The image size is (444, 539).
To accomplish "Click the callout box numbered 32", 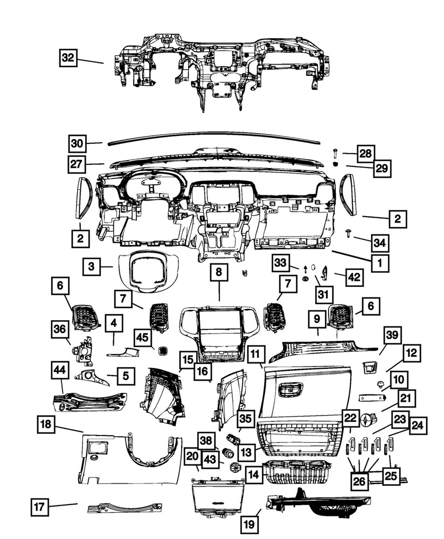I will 68,58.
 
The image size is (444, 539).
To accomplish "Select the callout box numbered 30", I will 78,143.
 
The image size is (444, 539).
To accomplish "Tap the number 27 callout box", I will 78,164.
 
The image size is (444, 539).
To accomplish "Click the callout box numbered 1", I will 379,264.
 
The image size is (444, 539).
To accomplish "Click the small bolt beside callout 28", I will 336,153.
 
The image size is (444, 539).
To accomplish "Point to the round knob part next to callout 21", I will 367,419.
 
